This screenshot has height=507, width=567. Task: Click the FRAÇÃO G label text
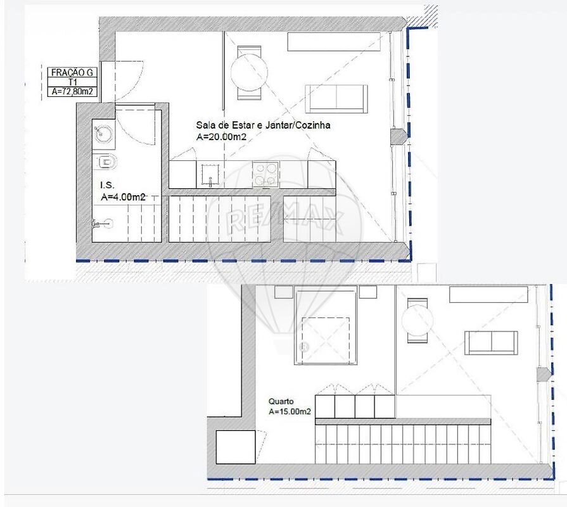(x=72, y=72)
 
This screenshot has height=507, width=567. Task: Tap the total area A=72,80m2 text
(x=72, y=91)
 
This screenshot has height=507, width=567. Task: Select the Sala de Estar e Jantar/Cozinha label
(x=264, y=125)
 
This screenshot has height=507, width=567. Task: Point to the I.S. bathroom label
(x=108, y=185)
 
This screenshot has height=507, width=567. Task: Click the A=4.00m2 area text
(x=123, y=197)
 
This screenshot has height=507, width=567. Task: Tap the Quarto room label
(x=281, y=401)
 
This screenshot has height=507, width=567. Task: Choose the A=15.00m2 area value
(x=290, y=411)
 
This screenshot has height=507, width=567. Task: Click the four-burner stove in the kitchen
(x=266, y=174)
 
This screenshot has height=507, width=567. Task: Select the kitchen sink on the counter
(x=210, y=176)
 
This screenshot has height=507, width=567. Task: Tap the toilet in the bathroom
(x=106, y=162)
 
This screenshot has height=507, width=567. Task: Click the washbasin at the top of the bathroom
(x=104, y=134)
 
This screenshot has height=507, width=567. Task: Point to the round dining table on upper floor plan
(x=249, y=72)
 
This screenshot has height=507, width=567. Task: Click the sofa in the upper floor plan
(x=336, y=99)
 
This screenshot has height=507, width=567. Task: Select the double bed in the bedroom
(x=326, y=324)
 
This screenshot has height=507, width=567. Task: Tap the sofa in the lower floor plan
(x=491, y=342)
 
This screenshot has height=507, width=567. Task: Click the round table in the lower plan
(x=417, y=321)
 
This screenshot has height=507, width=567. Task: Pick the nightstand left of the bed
(x=284, y=292)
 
